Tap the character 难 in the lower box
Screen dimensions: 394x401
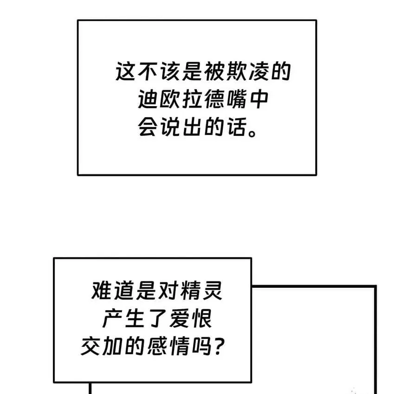pos(102,293)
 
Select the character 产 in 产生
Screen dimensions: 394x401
pos(113,320)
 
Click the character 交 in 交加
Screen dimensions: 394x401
pos(91,347)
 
